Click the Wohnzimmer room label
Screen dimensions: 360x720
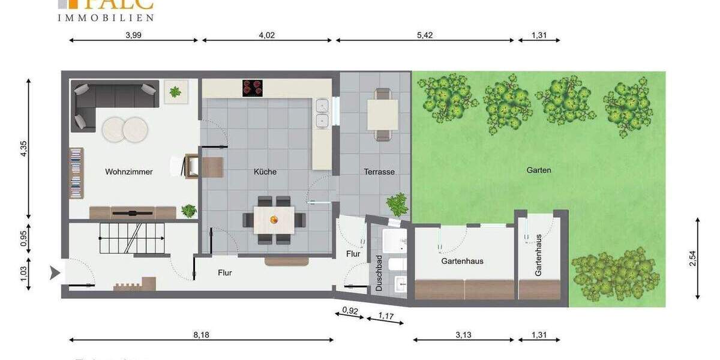[129, 172]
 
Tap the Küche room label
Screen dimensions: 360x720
[265, 172]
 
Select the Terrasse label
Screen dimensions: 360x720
[379, 172]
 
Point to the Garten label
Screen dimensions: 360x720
[539, 170]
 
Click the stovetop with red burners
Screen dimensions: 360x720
[254, 88]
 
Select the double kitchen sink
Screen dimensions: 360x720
[323, 113]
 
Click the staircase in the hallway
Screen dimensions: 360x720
[132, 238]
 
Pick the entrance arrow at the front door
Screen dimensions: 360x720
[55, 274]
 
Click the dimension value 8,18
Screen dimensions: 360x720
[201, 335]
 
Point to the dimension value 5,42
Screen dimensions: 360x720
[424, 35]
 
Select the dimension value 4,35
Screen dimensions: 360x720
[24, 149]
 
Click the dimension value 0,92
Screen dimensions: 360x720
[349, 310]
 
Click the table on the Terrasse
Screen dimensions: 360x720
[382, 114]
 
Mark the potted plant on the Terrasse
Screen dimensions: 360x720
[397, 205]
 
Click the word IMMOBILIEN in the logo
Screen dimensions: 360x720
[105, 18]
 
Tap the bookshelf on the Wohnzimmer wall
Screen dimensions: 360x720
[76, 174]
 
